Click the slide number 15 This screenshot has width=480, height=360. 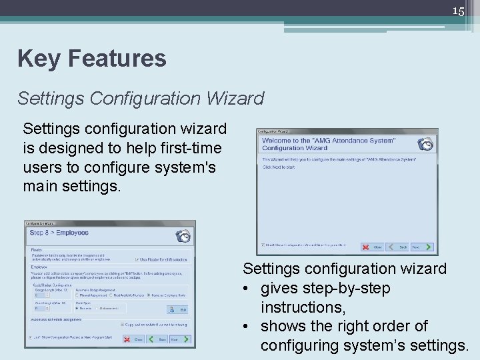458,11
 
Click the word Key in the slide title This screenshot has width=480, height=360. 37,59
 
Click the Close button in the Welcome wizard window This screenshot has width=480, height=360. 373,247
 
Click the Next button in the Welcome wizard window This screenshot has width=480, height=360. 419,247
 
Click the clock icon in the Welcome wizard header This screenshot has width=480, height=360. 425,143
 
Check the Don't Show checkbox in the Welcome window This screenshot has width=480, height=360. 263,245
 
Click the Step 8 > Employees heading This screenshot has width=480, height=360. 59,233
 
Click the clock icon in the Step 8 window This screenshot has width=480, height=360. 183,235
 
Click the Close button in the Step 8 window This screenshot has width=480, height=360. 134,339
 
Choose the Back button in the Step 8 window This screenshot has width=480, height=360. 157,339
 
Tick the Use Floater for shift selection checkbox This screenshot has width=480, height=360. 137,259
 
